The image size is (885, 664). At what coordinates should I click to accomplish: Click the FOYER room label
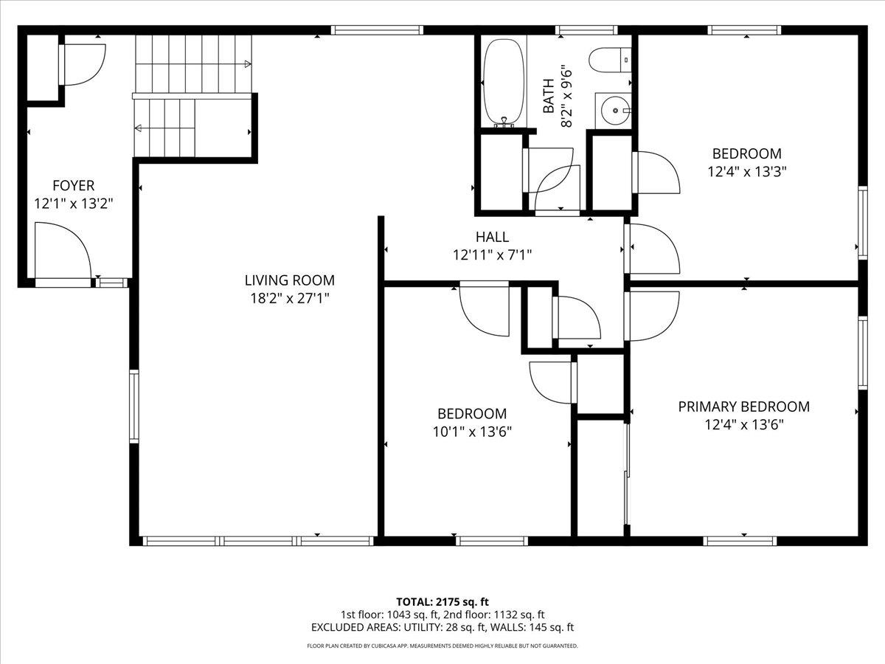coord(73,186)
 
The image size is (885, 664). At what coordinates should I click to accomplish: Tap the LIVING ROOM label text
coord(289,280)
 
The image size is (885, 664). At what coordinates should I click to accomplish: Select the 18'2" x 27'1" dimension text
coord(289,299)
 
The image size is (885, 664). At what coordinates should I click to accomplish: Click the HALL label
coord(492,237)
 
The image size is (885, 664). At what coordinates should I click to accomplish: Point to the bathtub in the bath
coord(504,83)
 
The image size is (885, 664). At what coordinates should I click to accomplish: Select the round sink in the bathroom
coord(613,111)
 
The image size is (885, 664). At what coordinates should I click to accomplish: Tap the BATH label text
coord(549,97)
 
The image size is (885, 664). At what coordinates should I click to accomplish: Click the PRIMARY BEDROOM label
coord(743,407)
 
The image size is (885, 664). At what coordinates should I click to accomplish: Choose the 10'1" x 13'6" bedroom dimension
coord(472,432)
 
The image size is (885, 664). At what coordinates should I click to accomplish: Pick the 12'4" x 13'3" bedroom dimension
coord(746,172)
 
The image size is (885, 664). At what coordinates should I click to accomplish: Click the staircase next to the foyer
coord(193,96)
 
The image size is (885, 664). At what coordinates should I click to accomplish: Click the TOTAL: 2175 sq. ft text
coord(442,601)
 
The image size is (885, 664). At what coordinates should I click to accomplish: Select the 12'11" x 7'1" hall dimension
coord(492,255)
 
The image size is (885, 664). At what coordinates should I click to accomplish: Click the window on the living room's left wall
coord(134,406)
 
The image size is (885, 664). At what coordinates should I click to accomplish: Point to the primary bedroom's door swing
coord(653,316)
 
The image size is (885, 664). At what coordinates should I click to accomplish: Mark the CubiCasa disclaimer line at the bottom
coord(442,646)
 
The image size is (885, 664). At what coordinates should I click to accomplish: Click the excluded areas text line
coord(442,628)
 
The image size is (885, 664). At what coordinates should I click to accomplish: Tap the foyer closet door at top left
coord(83,64)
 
